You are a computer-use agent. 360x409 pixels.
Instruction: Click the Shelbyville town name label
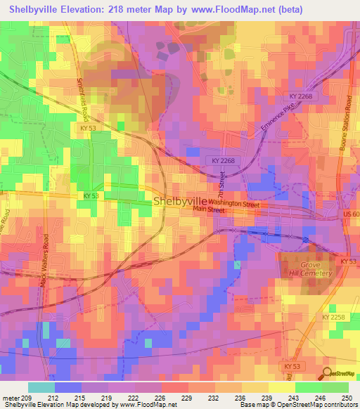tap(180, 201)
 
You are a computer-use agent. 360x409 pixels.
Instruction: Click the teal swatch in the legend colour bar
tap(41, 387)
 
